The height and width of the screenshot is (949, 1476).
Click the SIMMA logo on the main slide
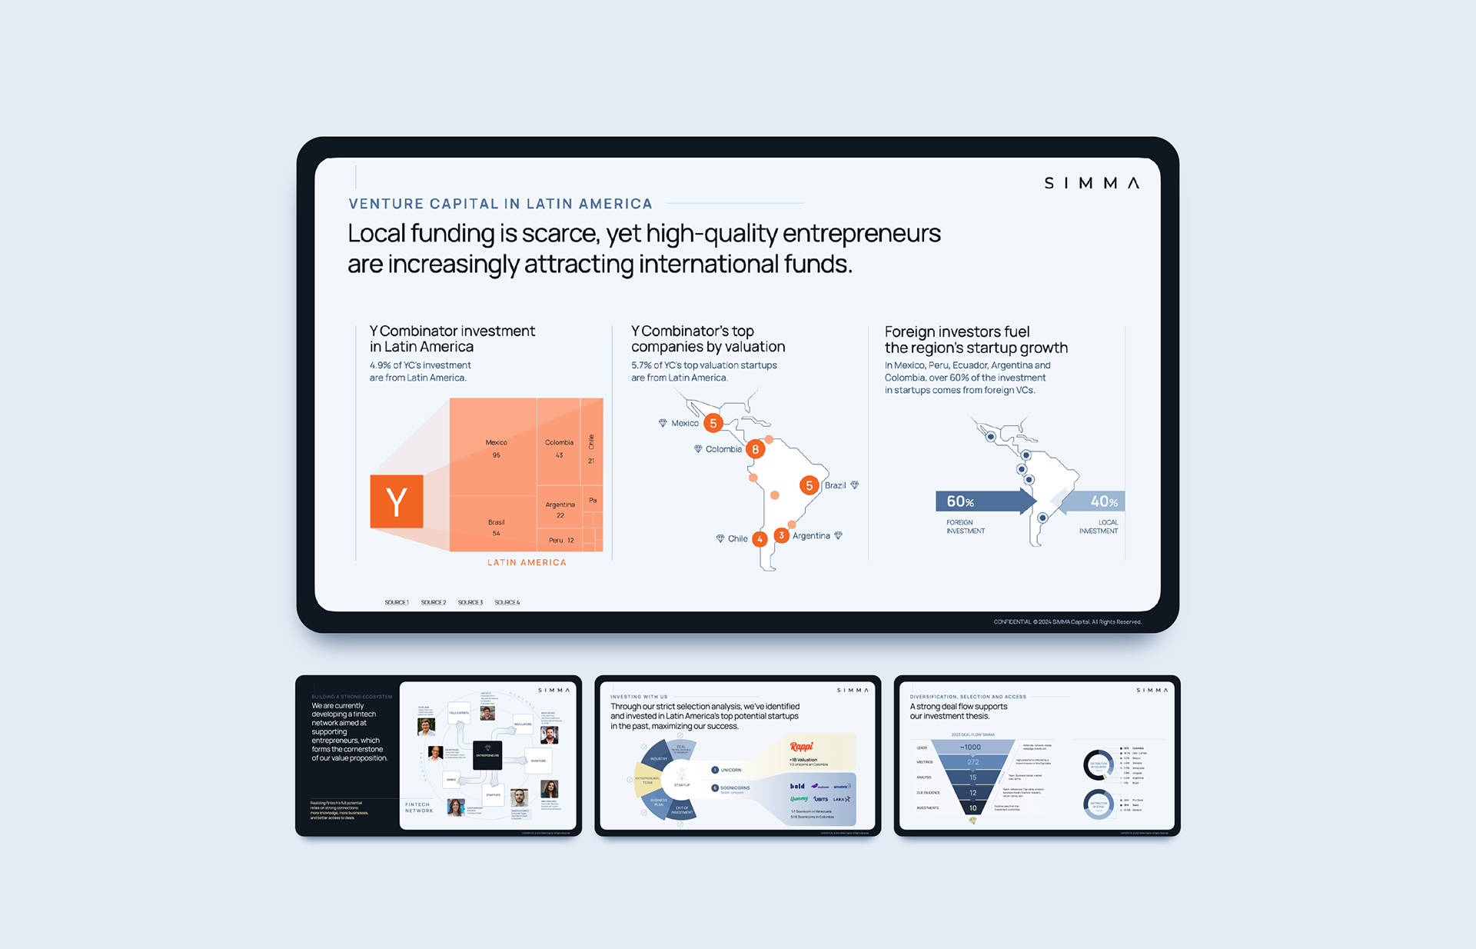pyautogui.click(x=1091, y=183)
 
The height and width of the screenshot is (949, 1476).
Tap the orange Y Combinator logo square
pyautogui.click(x=397, y=501)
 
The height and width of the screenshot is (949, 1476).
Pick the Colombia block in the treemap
pyautogui.click(x=559, y=448)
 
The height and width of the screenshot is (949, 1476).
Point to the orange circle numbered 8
pyautogui.click(x=756, y=449)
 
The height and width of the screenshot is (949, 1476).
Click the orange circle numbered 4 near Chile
pyautogui.click(x=760, y=539)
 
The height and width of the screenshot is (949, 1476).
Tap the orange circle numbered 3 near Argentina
pyautogui.click(x=781, y=535)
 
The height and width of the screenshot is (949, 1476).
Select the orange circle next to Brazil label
pyautogui.click(x=809, y=485)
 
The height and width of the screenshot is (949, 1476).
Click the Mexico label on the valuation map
pyautogui.click(x=684, y=423)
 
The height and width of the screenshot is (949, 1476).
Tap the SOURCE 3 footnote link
pyautogui.click(x=470, y=602)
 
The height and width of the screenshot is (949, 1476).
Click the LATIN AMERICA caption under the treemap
pyautogui.click(x=527, y=562)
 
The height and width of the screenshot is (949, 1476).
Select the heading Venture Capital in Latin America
pyautogui.click(x=500, y=204)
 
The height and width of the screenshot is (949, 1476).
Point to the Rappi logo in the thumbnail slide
pyautogui.click(x=801, y=746)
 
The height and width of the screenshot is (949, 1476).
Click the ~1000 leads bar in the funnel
pyautogui.click(x=971, y=747)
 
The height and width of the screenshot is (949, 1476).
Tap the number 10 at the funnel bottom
pyautogui.click(x=972, y=807)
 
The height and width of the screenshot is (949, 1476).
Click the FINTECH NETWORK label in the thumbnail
pyautogui.click(x=419, y=807)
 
